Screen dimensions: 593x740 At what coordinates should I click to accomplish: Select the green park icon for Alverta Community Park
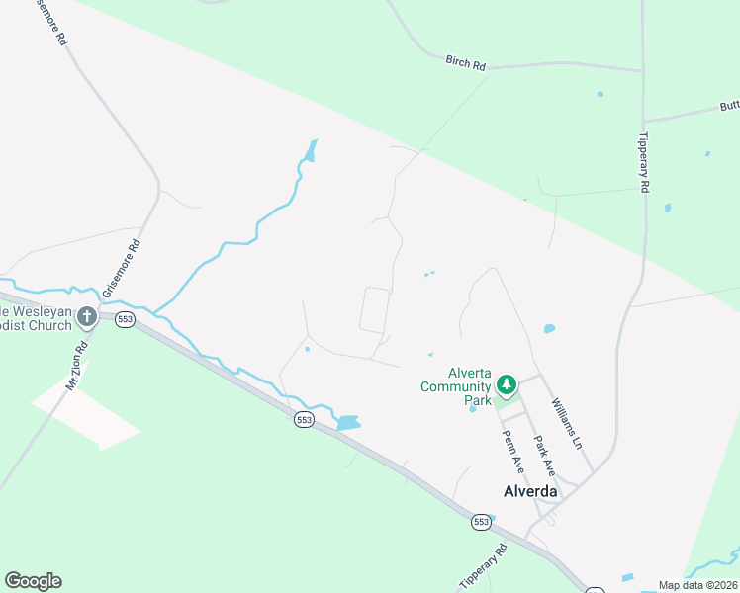[x=507, y=383]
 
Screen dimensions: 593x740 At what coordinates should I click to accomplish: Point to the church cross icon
[x=87, y=316]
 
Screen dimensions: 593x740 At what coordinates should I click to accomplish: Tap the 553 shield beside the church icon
[x=124, y=319]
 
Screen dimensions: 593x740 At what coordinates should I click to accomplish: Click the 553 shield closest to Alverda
[x=481, y=521]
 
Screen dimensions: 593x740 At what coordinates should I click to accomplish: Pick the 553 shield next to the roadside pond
[x=304, y=420]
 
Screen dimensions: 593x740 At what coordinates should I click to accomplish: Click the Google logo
[x=34, y=581]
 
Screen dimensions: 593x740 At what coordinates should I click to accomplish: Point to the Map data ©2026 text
[x=697, y=585]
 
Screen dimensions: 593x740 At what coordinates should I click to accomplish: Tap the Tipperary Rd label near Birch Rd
[x=644, y=162]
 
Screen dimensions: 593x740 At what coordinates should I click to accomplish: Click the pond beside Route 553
[x=348, y=423]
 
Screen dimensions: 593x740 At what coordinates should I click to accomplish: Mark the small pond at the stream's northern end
[x=312, y=151]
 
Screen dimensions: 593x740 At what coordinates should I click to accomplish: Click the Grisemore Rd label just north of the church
[x=121, y=269]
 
